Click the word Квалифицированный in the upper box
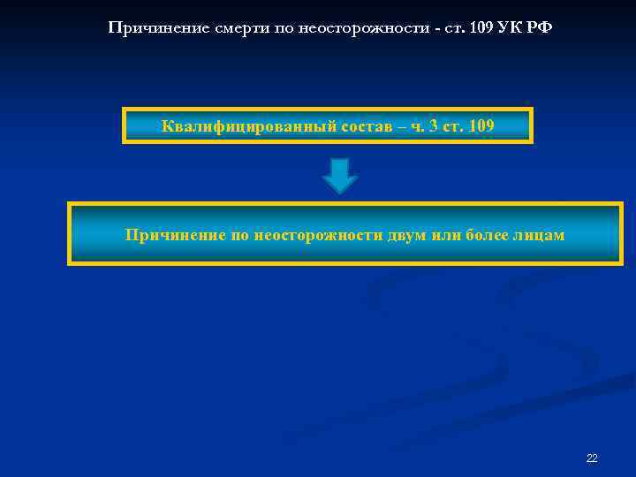point(232,126)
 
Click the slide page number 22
point(592,458)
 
